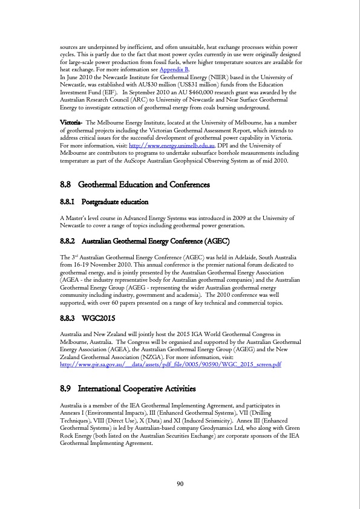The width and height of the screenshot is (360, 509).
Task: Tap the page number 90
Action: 180,484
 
